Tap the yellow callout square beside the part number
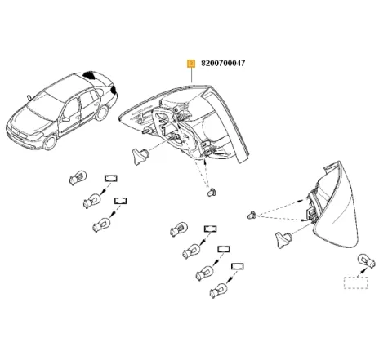tap(191, 62)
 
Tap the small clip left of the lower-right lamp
tap(252, 215)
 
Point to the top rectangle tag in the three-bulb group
tap(109, 179)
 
